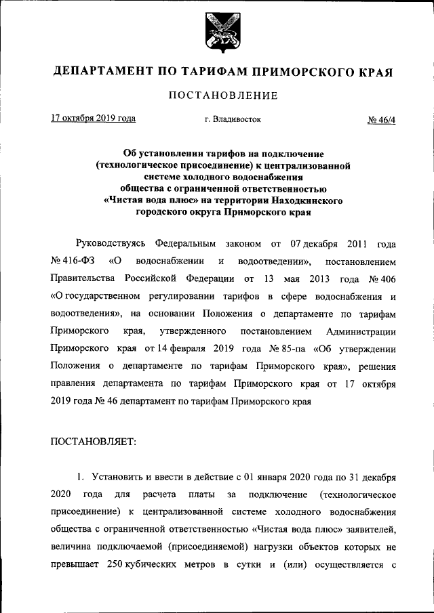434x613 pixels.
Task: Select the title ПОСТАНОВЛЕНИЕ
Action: (216, 96)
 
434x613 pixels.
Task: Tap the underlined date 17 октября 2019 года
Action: (93, 119)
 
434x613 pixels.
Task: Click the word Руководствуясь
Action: (111, 242)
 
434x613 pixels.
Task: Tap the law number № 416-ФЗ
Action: (71, 260)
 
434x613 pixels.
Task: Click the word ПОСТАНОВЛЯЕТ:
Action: (94, 440)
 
